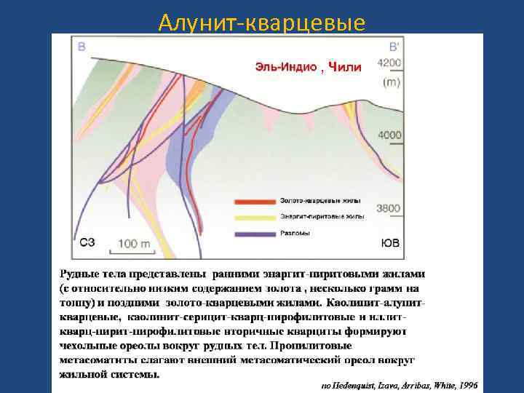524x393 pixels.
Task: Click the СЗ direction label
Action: [x=87, y=242]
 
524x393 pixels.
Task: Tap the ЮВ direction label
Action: [x=390, y=243]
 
